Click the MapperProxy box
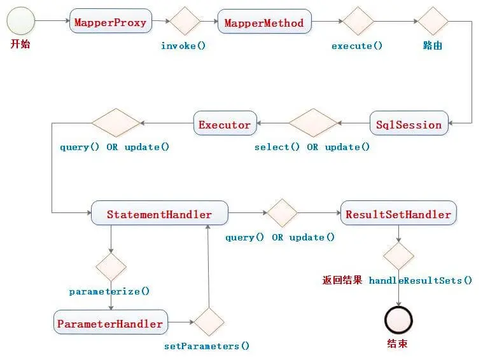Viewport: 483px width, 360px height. point(110,23)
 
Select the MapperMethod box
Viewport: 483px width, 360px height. point(264,23)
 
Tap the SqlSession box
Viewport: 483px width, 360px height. point(409,125)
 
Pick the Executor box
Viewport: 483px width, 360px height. point(225,125)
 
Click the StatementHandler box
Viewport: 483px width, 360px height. point(159,214)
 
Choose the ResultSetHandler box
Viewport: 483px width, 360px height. point(398,214)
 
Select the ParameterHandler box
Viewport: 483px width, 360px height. point(110,323)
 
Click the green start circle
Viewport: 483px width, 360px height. point(20,22)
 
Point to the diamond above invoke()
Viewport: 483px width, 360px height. point(185,22)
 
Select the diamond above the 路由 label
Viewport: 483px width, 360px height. point(433,22)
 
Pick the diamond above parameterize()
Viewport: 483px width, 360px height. point(111,267)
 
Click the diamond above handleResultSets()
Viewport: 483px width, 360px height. point(398,256)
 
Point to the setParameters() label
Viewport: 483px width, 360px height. point(207,346)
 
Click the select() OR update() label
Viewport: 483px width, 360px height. point(312,147)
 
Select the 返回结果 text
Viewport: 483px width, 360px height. point(342,280)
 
